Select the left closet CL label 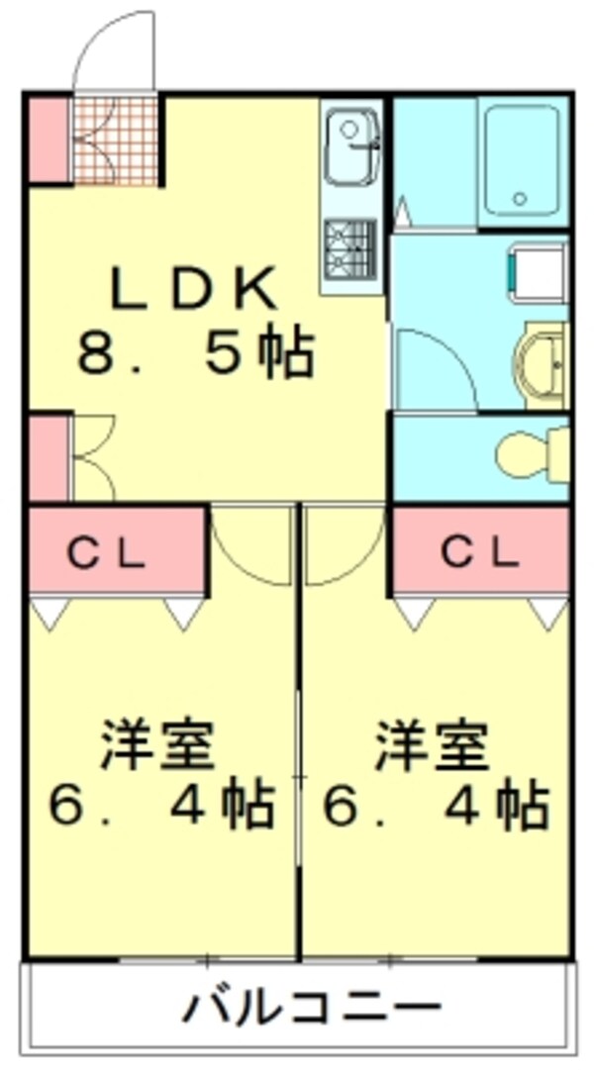107,553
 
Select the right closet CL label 481,553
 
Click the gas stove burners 349,246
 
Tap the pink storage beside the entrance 47,139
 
